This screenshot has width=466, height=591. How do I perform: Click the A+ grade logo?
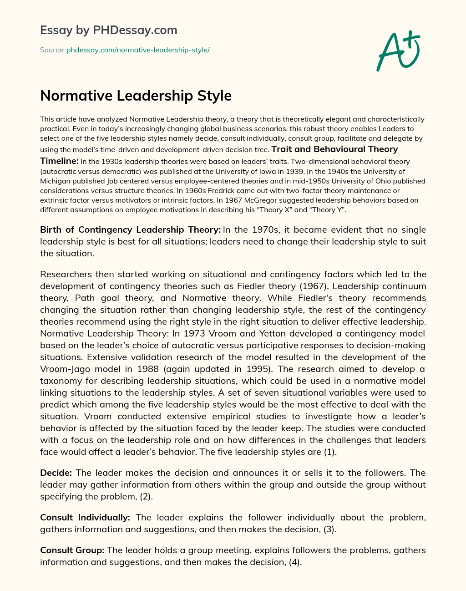click(x=398, y=51)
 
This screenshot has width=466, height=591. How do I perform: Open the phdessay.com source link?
click(x=138, y=50)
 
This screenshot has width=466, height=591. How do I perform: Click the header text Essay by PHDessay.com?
click(x=109, y=31)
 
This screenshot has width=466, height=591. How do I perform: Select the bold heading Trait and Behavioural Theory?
click(x=334, y=149)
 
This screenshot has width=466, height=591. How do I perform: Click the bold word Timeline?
click(x=59, y=161)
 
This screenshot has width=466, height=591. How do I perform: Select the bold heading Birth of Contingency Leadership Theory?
click(x=129, y=230)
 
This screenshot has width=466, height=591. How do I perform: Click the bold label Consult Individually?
click(x=85, y=517)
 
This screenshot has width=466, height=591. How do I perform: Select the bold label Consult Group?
click(x=72, y=550)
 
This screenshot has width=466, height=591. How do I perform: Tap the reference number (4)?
click(x=295, y=562)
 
